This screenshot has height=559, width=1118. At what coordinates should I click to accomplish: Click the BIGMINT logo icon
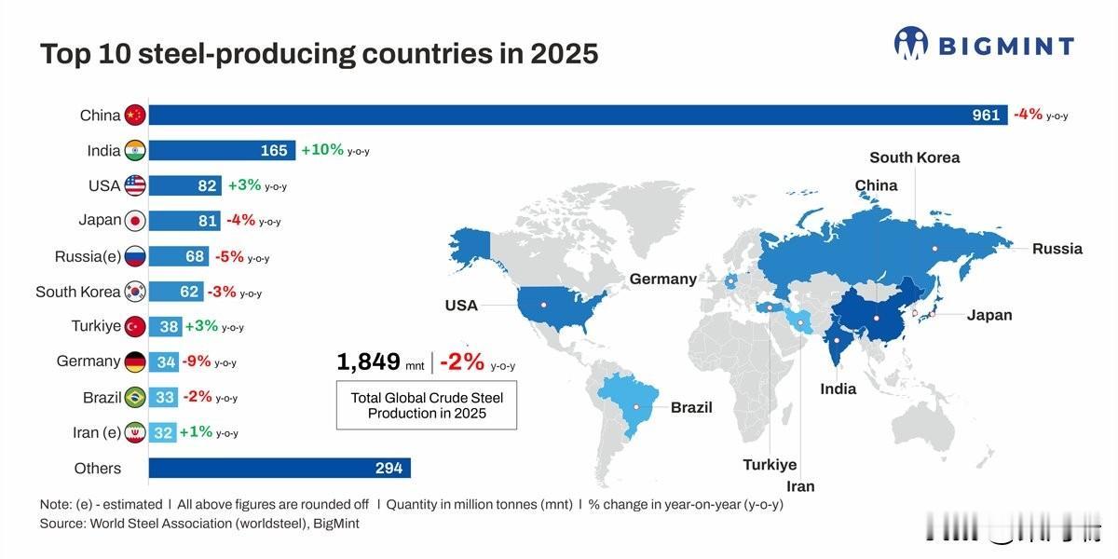point(911,44)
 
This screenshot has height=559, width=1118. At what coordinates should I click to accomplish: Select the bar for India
point(222,150)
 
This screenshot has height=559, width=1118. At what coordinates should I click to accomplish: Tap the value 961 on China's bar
point(986,116)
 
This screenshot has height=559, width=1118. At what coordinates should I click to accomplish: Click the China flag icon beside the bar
point(135,116)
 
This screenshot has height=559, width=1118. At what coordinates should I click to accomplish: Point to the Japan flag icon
point(135,221)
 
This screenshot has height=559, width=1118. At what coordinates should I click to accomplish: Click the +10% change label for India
point(322,150)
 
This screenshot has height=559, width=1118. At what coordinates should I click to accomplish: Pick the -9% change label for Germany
point(196,361)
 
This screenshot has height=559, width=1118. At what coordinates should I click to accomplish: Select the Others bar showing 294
point(279,468)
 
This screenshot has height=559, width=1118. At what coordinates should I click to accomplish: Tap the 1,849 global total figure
point(368,362)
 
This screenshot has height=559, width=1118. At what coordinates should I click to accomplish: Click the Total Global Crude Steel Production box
point(427,405)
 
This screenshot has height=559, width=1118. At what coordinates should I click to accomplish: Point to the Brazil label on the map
point(691,407)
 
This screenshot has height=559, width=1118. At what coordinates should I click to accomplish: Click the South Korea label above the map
point(914,157)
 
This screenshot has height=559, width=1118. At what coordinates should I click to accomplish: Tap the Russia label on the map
point(1057,249)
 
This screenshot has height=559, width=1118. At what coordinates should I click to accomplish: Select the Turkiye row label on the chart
point(96,326)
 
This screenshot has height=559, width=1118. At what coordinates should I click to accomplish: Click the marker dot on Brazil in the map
point(637,406)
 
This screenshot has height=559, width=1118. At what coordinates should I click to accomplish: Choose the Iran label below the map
point(800,486)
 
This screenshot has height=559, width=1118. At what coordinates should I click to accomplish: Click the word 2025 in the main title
point(564,54)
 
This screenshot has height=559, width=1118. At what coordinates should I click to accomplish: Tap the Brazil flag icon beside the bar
point(135,397)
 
